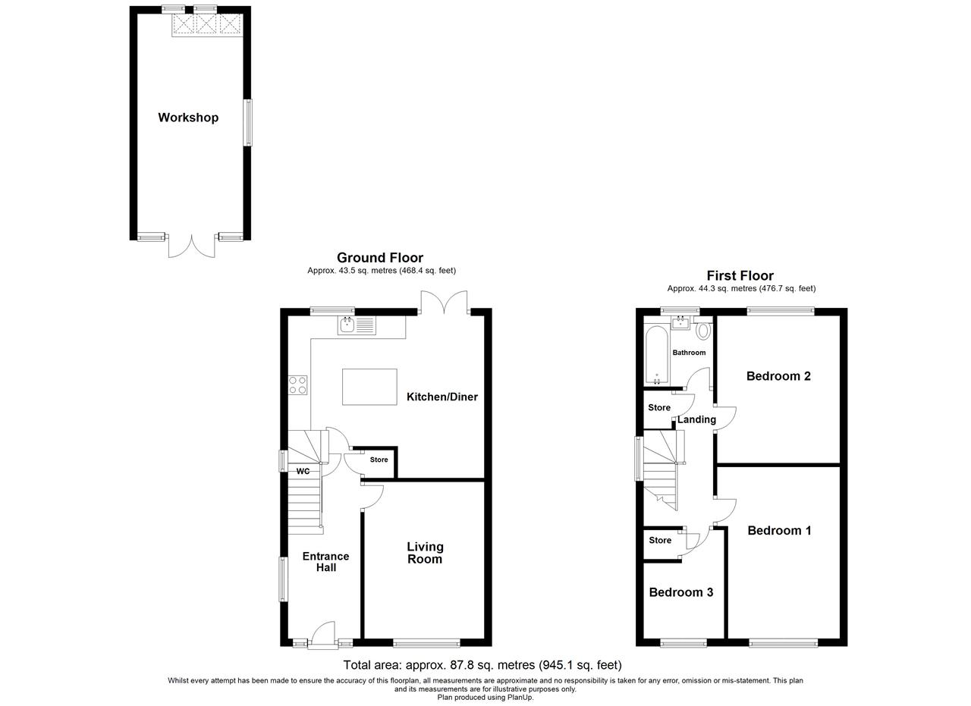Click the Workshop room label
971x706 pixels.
pos(188,118)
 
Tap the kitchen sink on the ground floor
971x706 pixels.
pos(357,325)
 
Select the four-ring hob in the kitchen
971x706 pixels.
pos(298,385)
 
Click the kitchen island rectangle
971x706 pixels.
pos(369,387)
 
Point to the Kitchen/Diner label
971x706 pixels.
pos(442,397)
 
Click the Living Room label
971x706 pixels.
pos(425,553)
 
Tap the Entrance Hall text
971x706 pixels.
pos(325,562)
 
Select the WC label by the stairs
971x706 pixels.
pos(303,471)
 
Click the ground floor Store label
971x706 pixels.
pos(379,460)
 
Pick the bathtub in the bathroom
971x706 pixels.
pos(657,356)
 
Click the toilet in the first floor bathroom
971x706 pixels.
pos(703,330)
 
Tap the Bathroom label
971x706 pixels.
pos(689,353)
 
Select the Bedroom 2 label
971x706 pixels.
pos(778,376)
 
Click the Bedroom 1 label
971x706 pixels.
pos(779,531)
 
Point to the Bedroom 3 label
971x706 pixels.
pos(681,592)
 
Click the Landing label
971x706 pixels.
pos(696,419)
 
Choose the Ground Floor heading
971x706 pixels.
pos(380,258)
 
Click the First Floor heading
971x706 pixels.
pos(740,275)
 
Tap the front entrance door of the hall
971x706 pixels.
pos(323,635)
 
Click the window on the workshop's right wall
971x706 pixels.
pos(247,123)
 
